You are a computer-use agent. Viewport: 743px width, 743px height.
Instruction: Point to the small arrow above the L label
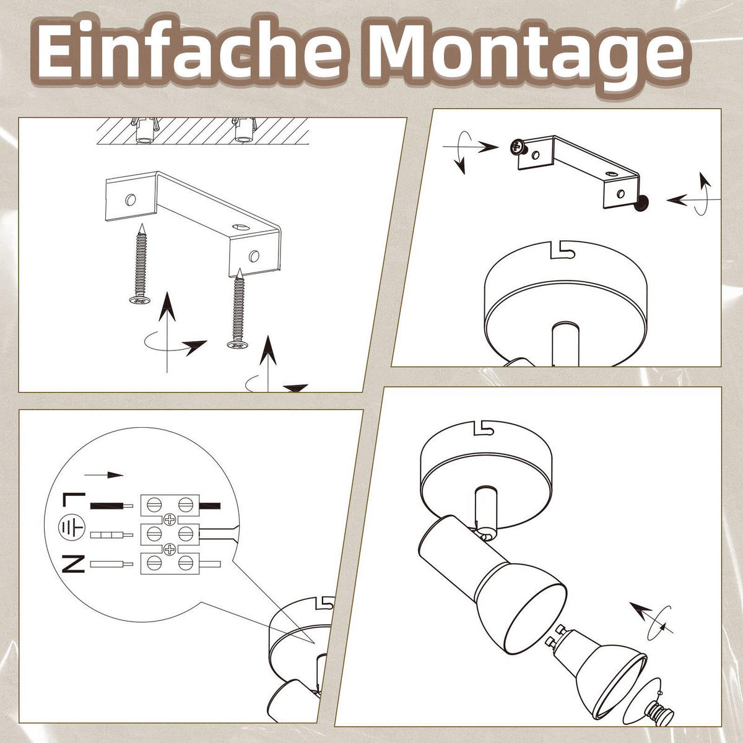click(103, 475)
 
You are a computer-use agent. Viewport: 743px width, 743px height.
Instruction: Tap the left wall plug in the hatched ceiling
click(146, 130)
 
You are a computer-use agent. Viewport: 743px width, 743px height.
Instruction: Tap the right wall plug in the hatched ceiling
click(242, 130)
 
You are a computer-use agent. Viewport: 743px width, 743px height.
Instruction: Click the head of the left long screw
click(139, 300)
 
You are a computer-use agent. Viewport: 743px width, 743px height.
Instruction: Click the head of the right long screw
click(238, 344)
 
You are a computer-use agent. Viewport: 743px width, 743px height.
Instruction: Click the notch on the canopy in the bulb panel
click(483, 428)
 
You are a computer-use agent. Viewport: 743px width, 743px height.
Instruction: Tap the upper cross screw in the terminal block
click(170, 519)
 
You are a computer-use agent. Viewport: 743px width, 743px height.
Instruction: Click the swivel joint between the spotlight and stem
click(487, 534)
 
